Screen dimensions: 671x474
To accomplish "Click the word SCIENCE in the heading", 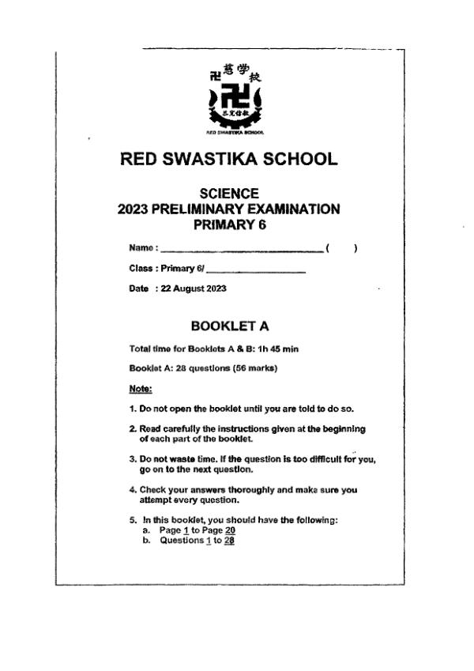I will [229, 194].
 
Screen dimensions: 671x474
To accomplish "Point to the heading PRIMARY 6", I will [229, 225].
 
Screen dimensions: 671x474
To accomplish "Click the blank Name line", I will [242, 250].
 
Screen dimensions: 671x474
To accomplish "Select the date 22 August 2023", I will [194, 288].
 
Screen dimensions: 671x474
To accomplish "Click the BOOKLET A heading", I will [229, 325].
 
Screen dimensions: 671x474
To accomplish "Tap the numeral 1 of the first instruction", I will [131, 409].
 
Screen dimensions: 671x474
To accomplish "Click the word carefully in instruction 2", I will [177, 429].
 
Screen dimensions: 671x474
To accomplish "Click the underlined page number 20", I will [230, 531].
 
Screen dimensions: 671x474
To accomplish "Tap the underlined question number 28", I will [229, 541].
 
